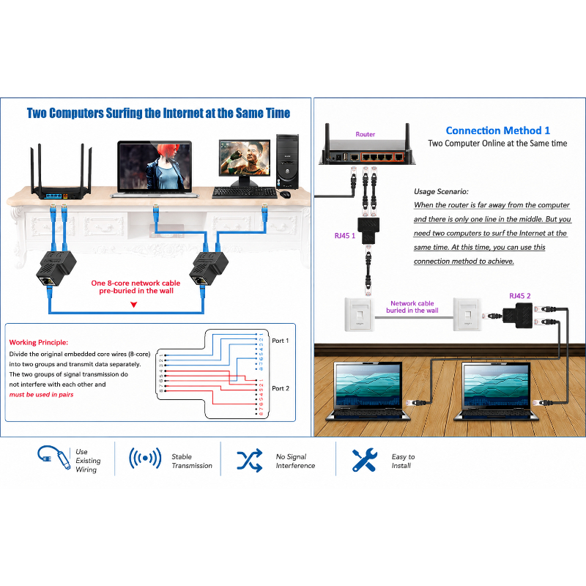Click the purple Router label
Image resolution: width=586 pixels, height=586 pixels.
(365, 134)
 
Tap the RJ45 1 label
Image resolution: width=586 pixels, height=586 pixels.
(344, 236)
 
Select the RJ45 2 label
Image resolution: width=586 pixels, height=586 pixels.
(520, 296)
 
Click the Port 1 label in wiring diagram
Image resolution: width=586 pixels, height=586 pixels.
(281, 341)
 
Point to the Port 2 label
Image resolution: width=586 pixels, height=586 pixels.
(281, 388)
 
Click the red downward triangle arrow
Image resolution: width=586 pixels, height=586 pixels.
(134, 305)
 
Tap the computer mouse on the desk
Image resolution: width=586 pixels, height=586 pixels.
(285, 194)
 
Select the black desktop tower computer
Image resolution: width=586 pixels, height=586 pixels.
(287, 162)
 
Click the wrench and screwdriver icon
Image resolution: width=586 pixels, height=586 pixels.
(364, 460)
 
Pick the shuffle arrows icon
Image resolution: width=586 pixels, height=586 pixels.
(250, 461)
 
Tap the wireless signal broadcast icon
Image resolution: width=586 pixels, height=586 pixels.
(145, 459)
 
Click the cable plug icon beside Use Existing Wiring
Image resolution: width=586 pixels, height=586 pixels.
(54, 457)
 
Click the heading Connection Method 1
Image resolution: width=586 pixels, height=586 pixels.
(498, 130)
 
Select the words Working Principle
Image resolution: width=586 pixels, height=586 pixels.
(39, 342)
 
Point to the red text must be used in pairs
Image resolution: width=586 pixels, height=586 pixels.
(41, 395)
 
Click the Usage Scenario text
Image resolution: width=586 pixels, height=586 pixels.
(441, 192)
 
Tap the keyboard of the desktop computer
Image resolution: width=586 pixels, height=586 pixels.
(245, 193)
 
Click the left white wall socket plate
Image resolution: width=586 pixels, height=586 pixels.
(359, 314)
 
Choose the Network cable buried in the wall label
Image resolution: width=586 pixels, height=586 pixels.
(412, 307)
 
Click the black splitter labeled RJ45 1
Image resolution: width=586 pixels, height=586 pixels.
(368, 230)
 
